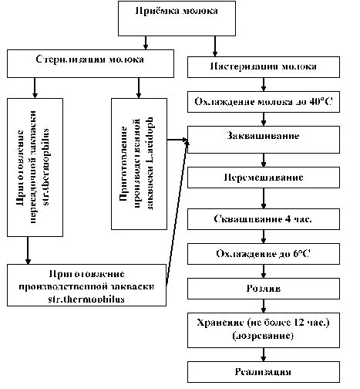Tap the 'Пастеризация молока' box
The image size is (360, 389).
[264, 67]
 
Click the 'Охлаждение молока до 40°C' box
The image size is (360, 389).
[264, 101]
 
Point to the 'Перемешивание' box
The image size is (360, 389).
[264, 178]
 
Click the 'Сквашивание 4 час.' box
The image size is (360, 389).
[264, 218]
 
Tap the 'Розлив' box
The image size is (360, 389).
[264, 289]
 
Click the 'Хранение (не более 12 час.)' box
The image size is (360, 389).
[264, 323]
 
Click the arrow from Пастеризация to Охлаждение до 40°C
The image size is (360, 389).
[264, 83]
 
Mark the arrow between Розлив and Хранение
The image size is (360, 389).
[264, 305]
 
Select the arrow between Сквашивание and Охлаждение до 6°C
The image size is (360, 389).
[264, 237]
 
